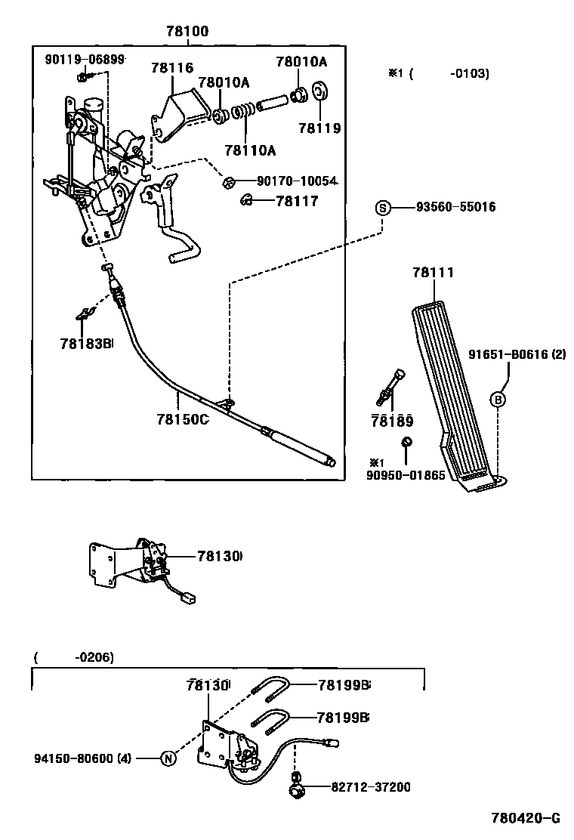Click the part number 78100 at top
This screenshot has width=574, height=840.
click(187, 32)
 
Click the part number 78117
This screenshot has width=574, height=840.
click(297, 201)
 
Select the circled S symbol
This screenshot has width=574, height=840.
click(383, 207)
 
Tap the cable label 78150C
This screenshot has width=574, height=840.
click(182, 419)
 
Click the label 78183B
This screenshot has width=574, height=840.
click(85, 344)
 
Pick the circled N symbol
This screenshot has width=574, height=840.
click(168, 758)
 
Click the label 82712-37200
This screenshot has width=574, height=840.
click(370, 787)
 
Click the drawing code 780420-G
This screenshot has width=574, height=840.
click(526, 818)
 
